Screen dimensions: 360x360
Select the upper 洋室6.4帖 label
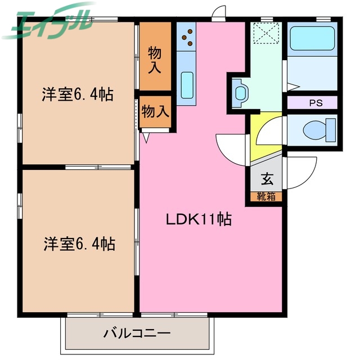(77, 94)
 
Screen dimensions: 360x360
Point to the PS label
(312, 103)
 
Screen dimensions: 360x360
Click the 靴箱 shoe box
(266, 196)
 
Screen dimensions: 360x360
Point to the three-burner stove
(187, 38)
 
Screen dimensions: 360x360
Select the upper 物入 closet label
(155, 60)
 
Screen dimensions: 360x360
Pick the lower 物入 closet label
(155, 111)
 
